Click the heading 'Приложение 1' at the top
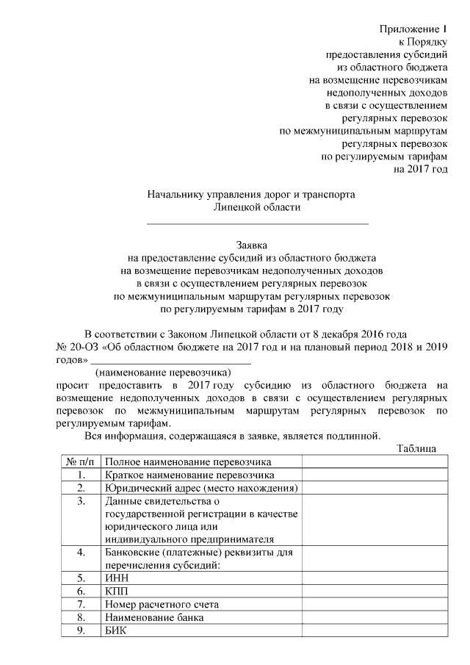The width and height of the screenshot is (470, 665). [x=413, y=29]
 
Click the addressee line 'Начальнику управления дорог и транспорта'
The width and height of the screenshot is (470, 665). [x=251, y=195]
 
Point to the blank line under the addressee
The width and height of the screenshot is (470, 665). [x=258, y=223]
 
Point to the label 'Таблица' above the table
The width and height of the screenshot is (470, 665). [x=416, y=448]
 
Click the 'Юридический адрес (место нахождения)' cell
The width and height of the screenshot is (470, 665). [x=200, y=489]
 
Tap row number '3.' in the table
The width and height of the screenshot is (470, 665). [x=80, y=501]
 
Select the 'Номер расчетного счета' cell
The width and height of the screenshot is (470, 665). [x=162, y=605]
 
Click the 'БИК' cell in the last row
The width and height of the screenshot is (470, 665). [x=117, y=631]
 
